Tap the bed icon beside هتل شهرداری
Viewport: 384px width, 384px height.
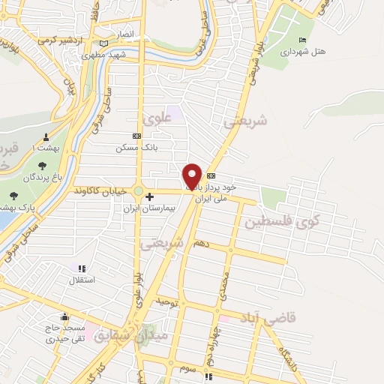(303, 40)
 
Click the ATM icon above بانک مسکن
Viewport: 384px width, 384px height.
(136, 136)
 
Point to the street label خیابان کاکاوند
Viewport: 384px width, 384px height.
(97, 192)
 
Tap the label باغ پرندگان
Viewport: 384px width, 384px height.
(40, 177)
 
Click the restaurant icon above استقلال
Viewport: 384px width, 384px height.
(82, 268)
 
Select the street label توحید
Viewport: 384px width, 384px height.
(165, 301)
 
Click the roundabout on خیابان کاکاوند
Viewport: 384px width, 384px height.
(139, 190)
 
